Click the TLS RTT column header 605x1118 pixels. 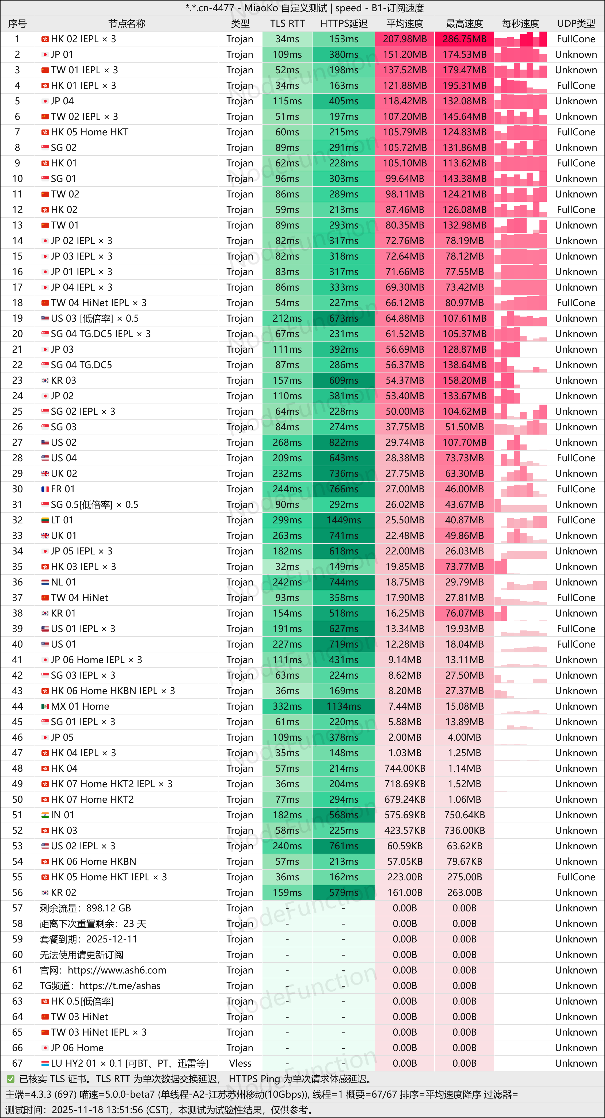pyautogui.click(x=287, y=24)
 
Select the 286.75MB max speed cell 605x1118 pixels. pyautogui.click(x=464, y=39)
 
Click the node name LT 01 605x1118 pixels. pyautogui.click(x=62, y=520)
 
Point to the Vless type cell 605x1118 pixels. pyautogui.click(x=240, y=1063)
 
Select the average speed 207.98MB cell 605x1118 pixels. pyautogui.click(x=405, y=39)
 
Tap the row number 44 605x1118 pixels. pyautogui.click(x=17, y=706)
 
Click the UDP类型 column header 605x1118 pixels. pyautogui.click(x=576, y=24)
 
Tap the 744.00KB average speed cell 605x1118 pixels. pyautogui.click(x=405, y=768)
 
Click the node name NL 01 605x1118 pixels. pyautogui.click(x=63, y=582)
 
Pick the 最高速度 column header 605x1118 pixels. pyautogui.click(x=464, y=24)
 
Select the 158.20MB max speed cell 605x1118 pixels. pyautogui.click(x=464, y=380)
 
